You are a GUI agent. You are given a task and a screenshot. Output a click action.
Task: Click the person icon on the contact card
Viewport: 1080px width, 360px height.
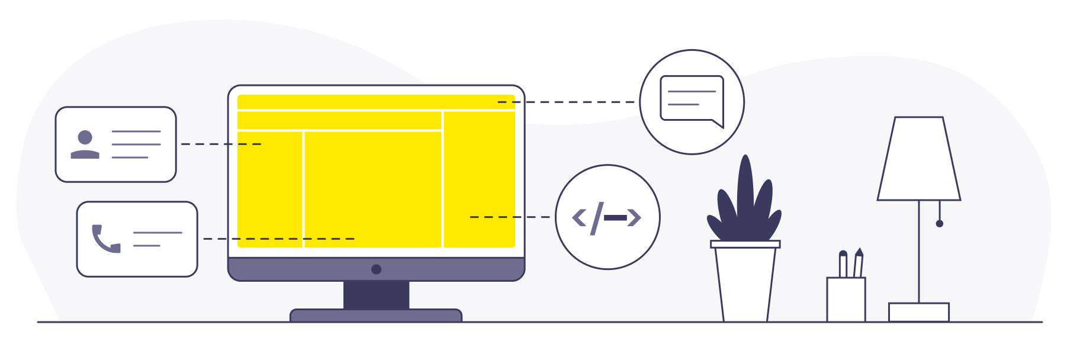click(x=85, y=145)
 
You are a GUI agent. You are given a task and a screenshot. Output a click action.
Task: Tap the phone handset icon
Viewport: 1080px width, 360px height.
click(x=105, y=239)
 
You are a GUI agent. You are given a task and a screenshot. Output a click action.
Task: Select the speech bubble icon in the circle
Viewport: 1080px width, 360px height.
click(x=692, y=100)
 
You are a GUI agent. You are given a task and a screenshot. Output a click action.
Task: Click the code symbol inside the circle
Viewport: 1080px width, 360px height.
click(x=607, y=217)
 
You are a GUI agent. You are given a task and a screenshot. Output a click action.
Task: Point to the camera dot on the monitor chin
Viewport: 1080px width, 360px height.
click(x=376, y=269)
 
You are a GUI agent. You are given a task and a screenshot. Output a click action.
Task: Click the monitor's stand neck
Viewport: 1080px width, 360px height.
click(x=376, y=295)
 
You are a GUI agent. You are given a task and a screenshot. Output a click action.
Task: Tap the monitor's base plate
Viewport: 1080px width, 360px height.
click(x=376, y=316)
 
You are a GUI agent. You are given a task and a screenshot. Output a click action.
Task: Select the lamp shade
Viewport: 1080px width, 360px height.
click(x=919, y=159)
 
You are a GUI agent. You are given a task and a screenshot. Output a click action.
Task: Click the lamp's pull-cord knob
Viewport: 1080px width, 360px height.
click(x=940, y=223)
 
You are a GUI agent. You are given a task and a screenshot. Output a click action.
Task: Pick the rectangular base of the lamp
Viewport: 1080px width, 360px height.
click(x=919, y=312)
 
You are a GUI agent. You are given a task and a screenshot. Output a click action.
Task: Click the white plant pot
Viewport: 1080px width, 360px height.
click(x=745, y=283)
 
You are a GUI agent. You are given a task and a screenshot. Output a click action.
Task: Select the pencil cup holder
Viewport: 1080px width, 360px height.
click(x=846, y=299)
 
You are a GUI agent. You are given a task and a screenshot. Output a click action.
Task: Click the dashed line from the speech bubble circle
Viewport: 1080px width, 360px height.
click(x=568, y=102)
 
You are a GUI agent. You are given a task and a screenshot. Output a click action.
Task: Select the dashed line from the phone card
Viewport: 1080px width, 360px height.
click(x=278, y=239)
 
